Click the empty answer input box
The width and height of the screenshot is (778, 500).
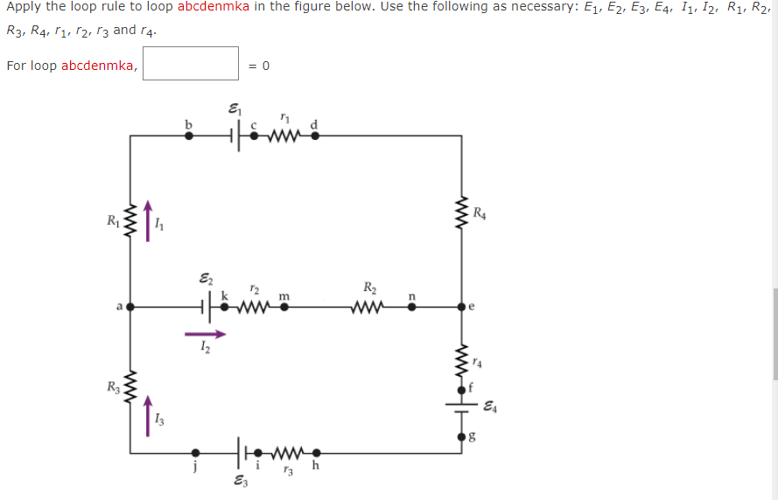[191, 64]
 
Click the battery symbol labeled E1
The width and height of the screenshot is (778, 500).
[235, 135]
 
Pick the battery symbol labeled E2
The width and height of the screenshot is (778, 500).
[206, 307]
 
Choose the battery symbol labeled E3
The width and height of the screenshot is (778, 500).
[241, 453]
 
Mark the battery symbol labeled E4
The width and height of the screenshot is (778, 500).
[461, 406]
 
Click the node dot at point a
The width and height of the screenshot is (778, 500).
[130, 307]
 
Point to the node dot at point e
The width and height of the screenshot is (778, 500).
[461, 307]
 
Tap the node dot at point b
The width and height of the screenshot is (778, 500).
[186, 135]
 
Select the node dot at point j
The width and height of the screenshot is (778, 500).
[196, 453]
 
